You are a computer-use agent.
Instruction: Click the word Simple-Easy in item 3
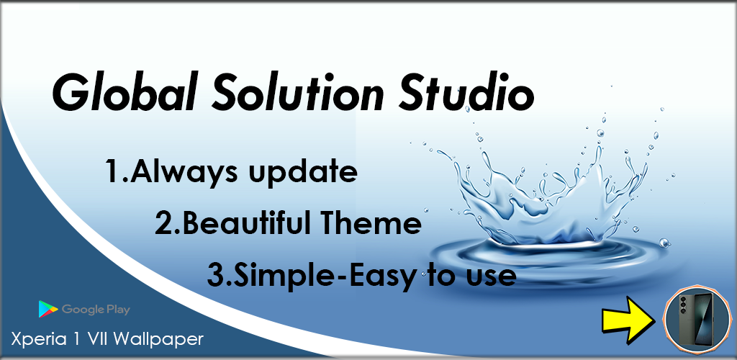click(x=325, y=276)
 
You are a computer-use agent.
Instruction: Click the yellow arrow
click(x=629, y=319)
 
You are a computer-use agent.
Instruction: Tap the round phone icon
click(x=697, y=320)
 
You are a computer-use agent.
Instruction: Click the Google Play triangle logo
click(x=48, y=310)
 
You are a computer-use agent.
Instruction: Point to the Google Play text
click(x=96, y=310)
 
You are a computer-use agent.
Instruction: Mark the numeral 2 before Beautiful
click(x=164, y=224)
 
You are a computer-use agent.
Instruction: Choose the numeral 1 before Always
click(x=113, y=171)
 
